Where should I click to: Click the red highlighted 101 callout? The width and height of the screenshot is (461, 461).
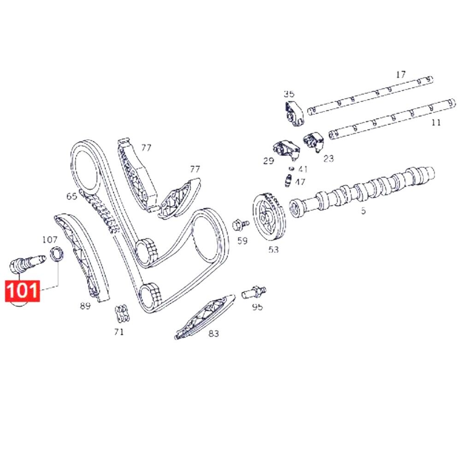[x=22, y=291]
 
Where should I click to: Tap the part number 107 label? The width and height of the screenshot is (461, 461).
[x=50, y=240]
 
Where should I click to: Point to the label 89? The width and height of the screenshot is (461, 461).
[x=85, y=306]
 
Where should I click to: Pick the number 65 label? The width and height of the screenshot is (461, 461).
[x=71, y=196]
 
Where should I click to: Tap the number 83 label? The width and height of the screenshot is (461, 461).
[x=214, y=334]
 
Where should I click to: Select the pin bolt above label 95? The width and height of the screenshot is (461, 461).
[x=254, y=292]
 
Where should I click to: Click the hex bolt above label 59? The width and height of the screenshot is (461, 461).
[x=240, y=225]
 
